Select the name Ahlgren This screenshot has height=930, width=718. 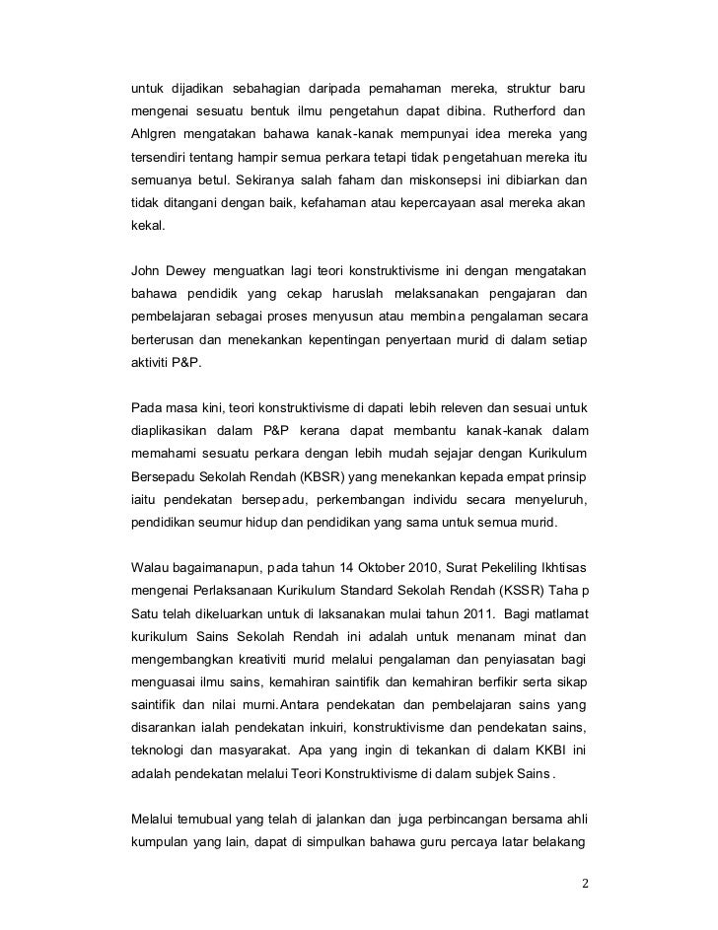coord(156,132)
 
